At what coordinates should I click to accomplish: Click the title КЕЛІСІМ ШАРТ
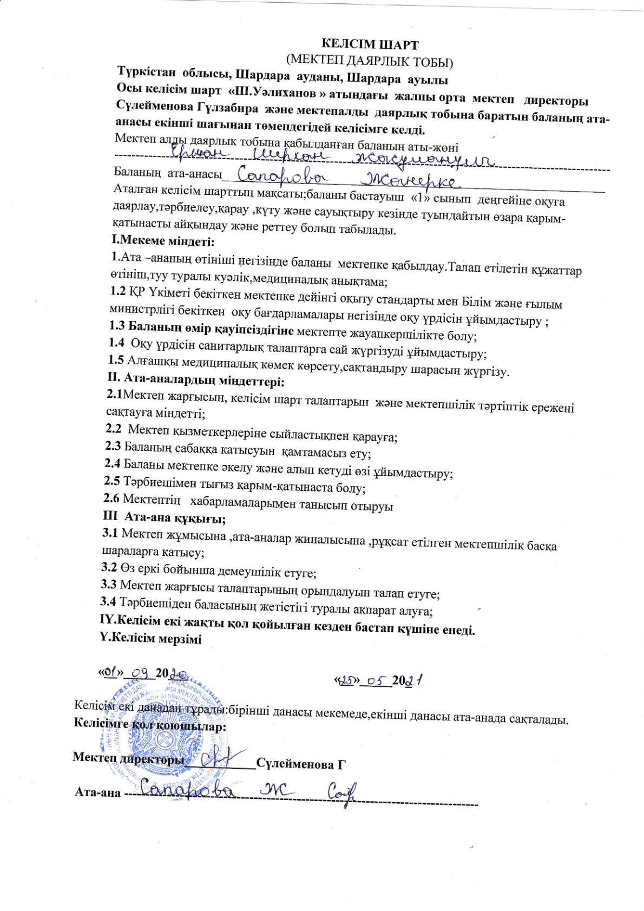370,44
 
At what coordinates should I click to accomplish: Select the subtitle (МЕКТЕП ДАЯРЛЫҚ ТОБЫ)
370,61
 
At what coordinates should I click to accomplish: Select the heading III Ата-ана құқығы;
164,518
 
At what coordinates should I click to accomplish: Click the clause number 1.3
116,326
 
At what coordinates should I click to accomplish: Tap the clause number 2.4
113,463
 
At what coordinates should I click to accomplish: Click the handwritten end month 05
376,680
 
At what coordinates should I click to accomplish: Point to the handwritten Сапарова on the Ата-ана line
187,791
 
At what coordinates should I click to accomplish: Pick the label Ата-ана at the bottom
97,792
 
